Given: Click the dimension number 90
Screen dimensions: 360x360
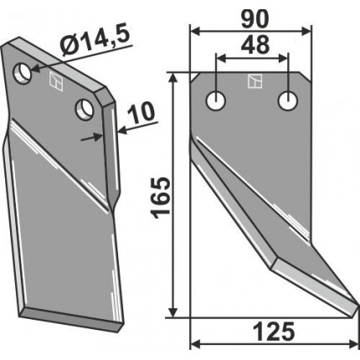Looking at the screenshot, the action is pos(255,19).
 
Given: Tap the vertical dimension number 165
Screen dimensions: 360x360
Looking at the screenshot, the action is pos(161,198).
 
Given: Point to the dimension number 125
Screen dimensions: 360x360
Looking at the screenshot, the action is pos(274,332).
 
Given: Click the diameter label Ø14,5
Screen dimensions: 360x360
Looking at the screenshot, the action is pos(95,42).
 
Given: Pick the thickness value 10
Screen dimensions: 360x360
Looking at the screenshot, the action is pos(141,113).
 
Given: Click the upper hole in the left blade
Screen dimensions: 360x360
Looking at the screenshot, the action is pos(23,73).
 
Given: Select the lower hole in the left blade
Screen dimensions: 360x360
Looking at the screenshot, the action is pos(85,110).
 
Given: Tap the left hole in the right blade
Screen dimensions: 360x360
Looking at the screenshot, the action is pos(216,100).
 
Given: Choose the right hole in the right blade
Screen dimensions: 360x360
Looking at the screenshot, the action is pos(288,100).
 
